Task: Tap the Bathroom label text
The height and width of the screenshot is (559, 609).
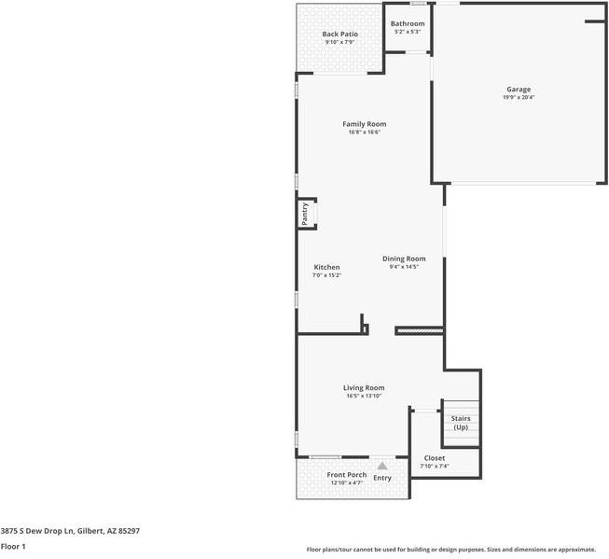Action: (x=408, y=23)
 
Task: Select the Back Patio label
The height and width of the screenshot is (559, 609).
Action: (x=340, y=34)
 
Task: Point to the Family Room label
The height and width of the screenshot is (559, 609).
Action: (x=364, y=124)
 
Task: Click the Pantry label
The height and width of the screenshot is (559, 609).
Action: (x=305, y=214)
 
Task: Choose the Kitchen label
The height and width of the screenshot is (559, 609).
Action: (x=326, y=267)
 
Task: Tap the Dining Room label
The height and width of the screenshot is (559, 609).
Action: (x=404, y=259)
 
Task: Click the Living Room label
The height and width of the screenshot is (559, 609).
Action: (x=364, y=387)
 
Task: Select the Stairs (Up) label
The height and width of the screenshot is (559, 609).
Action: (x=461, y=423)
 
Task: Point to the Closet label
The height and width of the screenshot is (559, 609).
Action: (x=435, y=458)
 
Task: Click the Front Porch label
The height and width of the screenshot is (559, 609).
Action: (x=347, y=475)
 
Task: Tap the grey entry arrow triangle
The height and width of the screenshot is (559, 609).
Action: (x=381, y=466)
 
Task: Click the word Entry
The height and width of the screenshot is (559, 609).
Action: (x=382, y=478)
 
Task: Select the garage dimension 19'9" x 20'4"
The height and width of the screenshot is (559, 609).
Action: (x=518, y=98)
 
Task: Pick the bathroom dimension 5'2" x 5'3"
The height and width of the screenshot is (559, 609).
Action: (x=408, y=32)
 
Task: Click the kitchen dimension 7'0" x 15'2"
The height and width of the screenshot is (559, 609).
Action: (x=326, y=275)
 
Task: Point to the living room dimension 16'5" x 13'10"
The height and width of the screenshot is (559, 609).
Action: (x=364, y=396)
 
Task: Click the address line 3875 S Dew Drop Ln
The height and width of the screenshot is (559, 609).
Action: (x=70, y=530)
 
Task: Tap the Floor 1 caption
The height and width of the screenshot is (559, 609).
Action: (x=13, y=546)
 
